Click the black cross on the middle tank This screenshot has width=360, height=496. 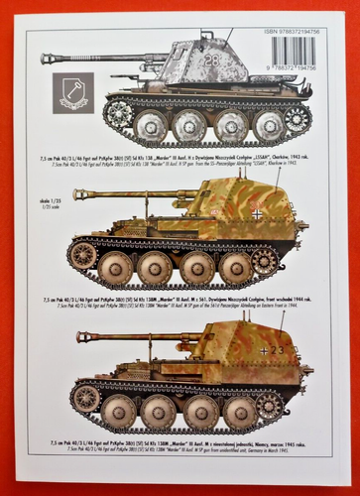click(256, 213)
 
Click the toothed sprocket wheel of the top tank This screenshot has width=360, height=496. click(297, 117)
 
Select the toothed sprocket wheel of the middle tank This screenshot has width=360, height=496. click(265, 261)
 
